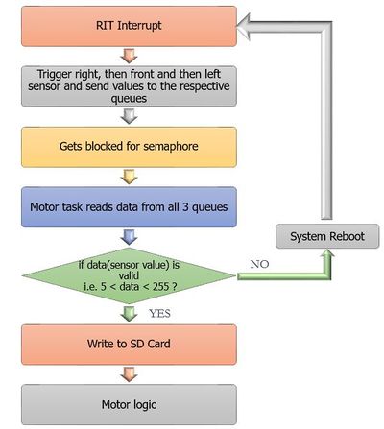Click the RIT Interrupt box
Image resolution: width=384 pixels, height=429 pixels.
coord(129,26)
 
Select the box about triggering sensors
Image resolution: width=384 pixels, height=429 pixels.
coord(129,86)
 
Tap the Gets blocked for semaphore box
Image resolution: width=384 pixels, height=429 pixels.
coord(129,147)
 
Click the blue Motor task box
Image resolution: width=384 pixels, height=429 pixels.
coord(129,207)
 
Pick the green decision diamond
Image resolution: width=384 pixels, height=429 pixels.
coord(129,275)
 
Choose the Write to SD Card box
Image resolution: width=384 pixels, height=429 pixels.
coord(129,345)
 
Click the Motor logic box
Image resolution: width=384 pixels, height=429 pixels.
coord(129,405)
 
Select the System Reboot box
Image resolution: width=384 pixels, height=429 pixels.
coord(327,236)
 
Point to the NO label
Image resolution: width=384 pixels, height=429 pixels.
coord(259,264)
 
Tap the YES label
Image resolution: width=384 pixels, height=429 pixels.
coord(159,314)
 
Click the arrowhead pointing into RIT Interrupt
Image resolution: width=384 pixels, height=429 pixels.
coord(244,26)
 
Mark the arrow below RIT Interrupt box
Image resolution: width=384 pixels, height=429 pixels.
coord(129,56)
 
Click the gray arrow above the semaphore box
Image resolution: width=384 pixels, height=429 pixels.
coord(129,116)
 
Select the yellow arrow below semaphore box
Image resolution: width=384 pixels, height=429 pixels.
coord(129,177)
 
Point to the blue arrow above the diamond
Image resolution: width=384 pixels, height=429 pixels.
coord(129,237)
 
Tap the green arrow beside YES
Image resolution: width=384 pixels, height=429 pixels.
coord(129,314)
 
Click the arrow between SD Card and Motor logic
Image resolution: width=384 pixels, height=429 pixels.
coord(129,374)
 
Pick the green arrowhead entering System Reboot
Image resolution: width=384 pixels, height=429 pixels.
coord(327,254)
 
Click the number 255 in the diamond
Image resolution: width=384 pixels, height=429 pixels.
coord(161,286)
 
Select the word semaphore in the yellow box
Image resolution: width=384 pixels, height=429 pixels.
coord(171,147)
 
